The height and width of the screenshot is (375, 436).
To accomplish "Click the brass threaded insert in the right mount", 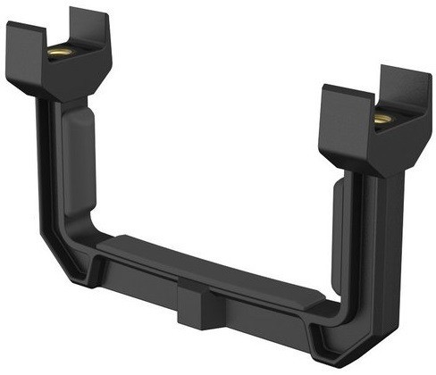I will point(382,119).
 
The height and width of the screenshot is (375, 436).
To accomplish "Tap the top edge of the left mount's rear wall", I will point(89,13).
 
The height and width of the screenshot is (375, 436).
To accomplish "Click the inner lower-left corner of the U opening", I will point(101,237).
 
